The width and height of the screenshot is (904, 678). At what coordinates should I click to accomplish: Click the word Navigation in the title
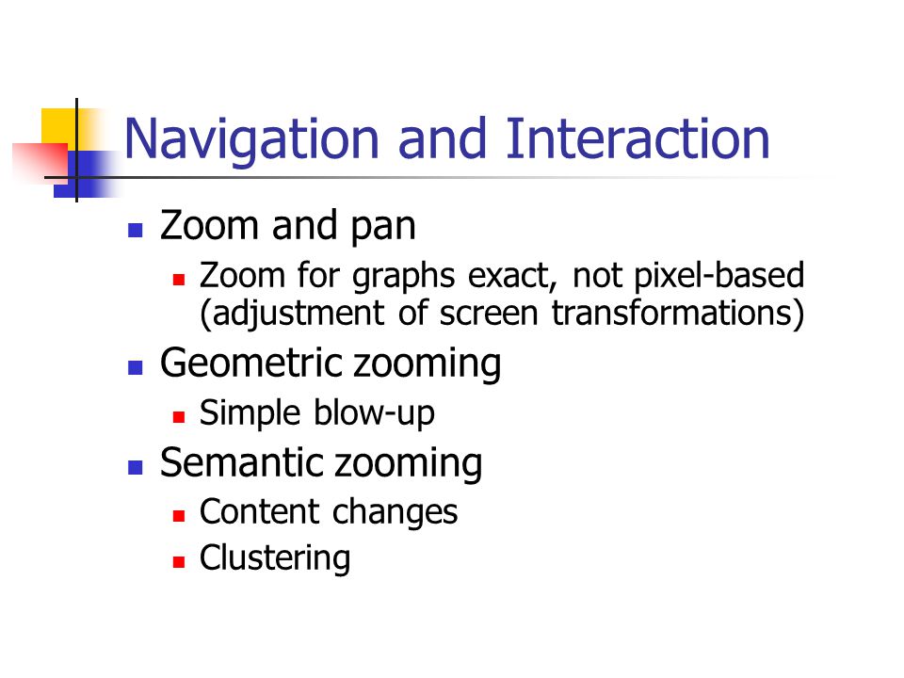click(x=251, y=141)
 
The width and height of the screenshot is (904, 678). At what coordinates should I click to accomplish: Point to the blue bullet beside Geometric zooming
click(x=136, y=368)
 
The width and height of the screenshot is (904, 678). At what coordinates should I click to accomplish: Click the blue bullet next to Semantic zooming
click(x=136, y=467)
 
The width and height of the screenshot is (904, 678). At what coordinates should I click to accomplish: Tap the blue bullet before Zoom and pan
click(x=136, y=231)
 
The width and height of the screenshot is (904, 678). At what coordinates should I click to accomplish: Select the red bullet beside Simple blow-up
click(x=179, y=417)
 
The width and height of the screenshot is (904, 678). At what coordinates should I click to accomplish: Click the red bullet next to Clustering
click(x=179, y=561)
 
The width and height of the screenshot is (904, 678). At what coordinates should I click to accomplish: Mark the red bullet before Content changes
click(x=179, y=515)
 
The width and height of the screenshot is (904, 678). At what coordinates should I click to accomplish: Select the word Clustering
click(x=275, y=558)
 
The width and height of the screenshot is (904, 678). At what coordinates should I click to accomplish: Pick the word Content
click(x=260, y=511)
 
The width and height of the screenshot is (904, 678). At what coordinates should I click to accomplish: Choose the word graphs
click(x=404, y=277)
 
